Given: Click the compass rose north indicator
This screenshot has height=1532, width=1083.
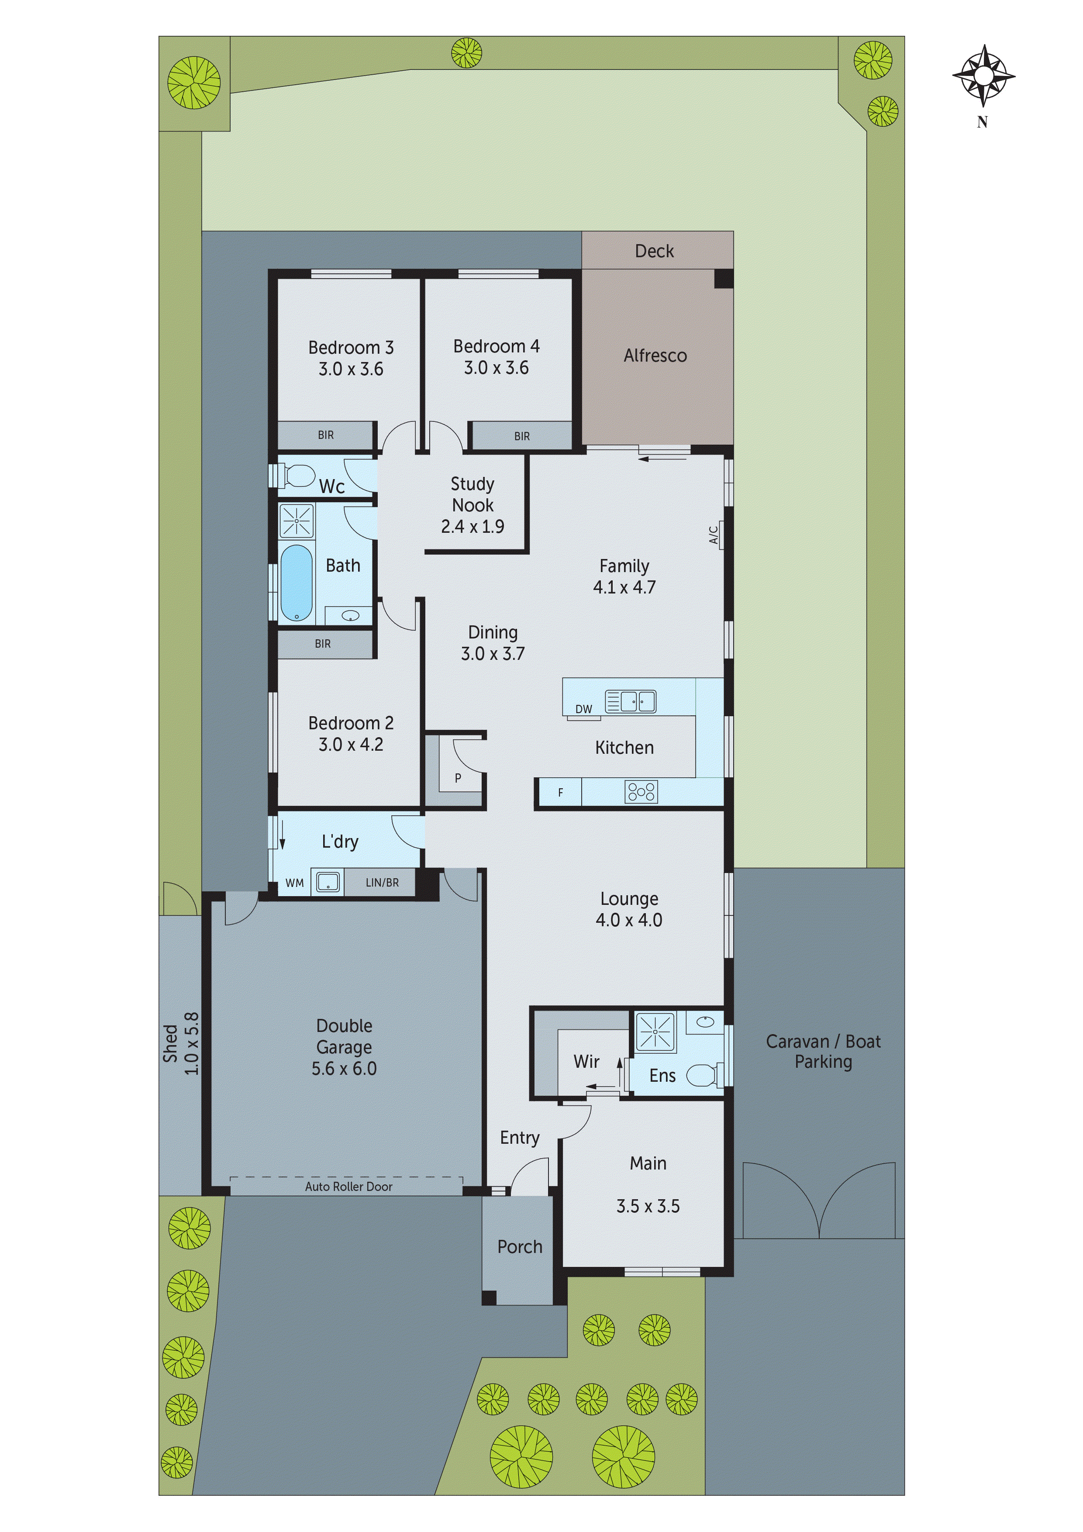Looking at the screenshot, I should [x=983, y=77].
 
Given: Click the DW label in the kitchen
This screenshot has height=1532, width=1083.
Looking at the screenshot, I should [x=583, y=709].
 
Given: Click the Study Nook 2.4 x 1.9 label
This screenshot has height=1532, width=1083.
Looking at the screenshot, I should [x=473, y=505].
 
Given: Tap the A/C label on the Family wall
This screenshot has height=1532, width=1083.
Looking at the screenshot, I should [x=713, y=535].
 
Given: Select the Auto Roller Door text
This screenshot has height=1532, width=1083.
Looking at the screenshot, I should [x=348, y=1187].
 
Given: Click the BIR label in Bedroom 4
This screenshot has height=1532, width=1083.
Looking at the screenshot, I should [x=522, y=436].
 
